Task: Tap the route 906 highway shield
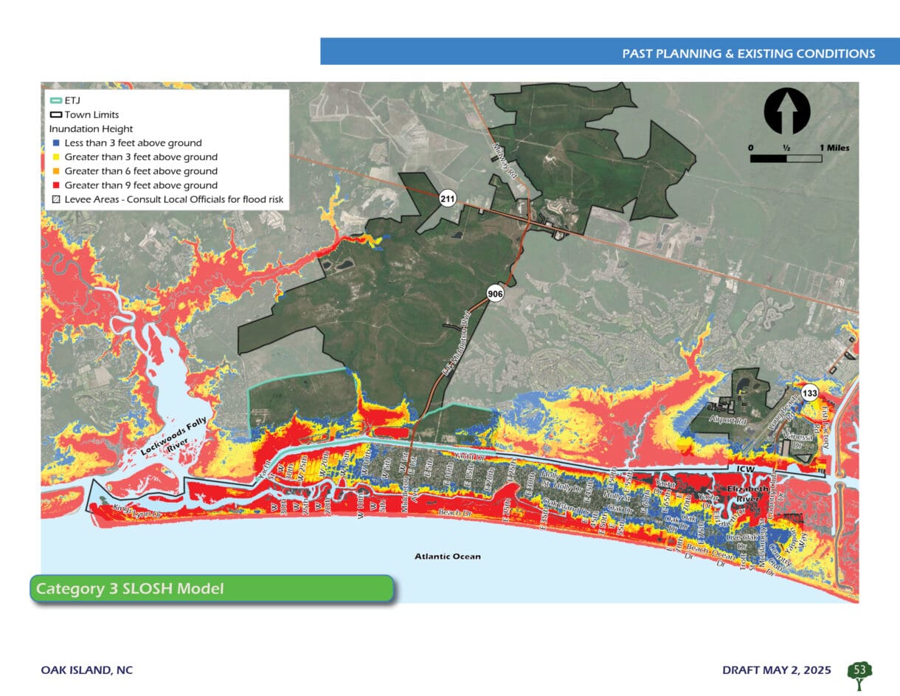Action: pos(495,294)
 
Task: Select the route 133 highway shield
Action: pos(809,393)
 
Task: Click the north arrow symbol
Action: pos(787,112)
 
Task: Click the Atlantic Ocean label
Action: pos(447,556)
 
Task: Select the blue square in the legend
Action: pos(55,143)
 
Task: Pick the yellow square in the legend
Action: pos(55,157)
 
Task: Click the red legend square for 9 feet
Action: pos(55,185)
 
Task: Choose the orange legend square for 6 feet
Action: pos(55,171)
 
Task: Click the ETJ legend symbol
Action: pos(55,101)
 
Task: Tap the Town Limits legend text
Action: pos(91,115)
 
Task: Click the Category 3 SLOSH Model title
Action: pos(130,589)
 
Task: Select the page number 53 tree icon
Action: pos(859,671)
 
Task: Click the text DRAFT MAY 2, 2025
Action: pos(776,670)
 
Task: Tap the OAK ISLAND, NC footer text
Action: pos(86,670)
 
